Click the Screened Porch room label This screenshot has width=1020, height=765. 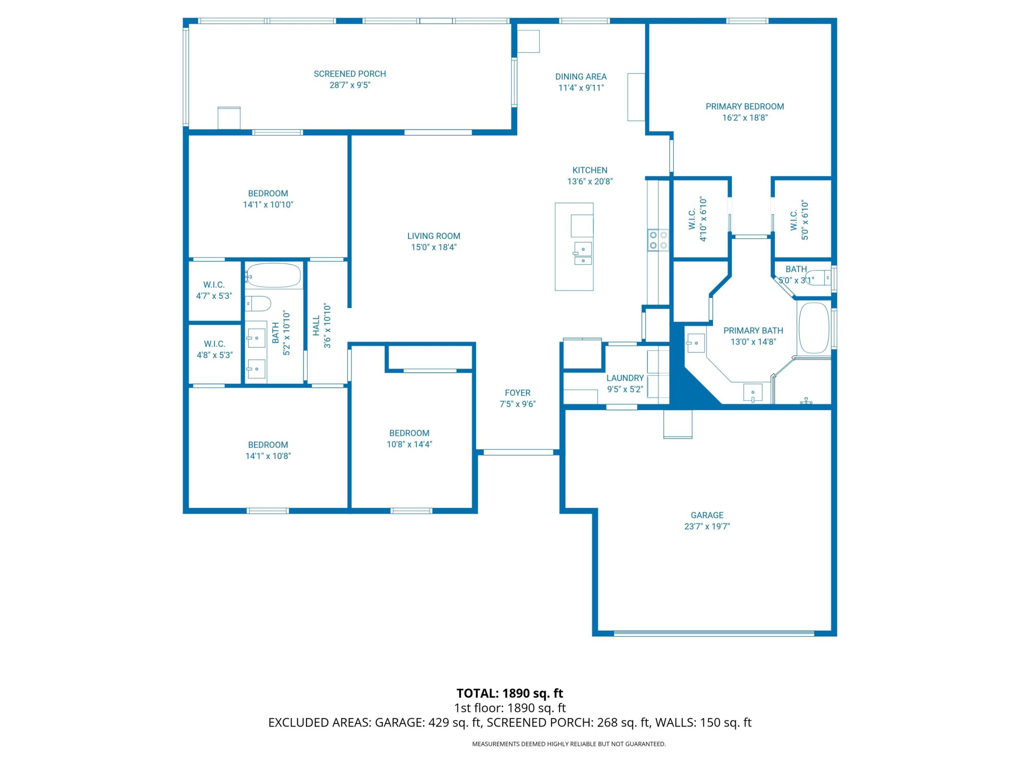(350, 74)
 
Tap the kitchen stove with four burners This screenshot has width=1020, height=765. (658, 240)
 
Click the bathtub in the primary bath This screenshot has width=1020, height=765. (814, 328)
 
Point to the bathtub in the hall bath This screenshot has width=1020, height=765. (273, 275)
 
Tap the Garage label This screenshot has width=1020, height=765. (707, 515)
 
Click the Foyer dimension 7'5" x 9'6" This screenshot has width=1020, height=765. (517, 404)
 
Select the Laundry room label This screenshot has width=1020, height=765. (624, 378)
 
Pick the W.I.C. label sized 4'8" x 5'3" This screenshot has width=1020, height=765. (214, 344)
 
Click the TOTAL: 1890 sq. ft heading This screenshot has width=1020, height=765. (510, 693)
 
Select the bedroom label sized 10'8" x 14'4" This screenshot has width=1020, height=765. (409, 433)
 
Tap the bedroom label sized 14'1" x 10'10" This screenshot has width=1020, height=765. (267, 193)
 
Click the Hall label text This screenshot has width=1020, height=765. (316, 325)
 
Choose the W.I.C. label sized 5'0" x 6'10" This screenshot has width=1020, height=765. (794, 220)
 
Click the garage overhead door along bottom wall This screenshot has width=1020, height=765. (713, 633)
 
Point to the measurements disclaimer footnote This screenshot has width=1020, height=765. (568, 743)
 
